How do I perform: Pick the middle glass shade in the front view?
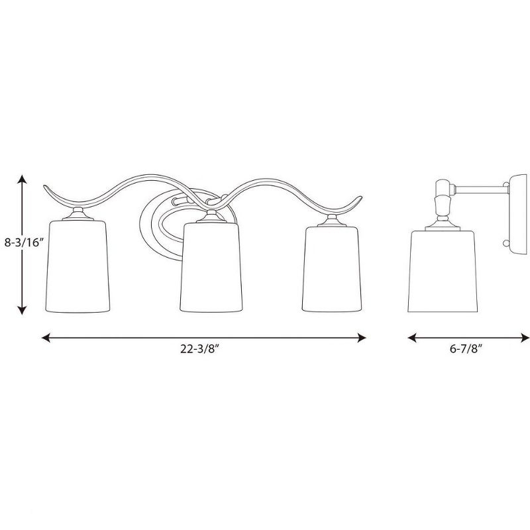click(209, 268)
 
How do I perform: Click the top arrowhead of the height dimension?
click(22, 178)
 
